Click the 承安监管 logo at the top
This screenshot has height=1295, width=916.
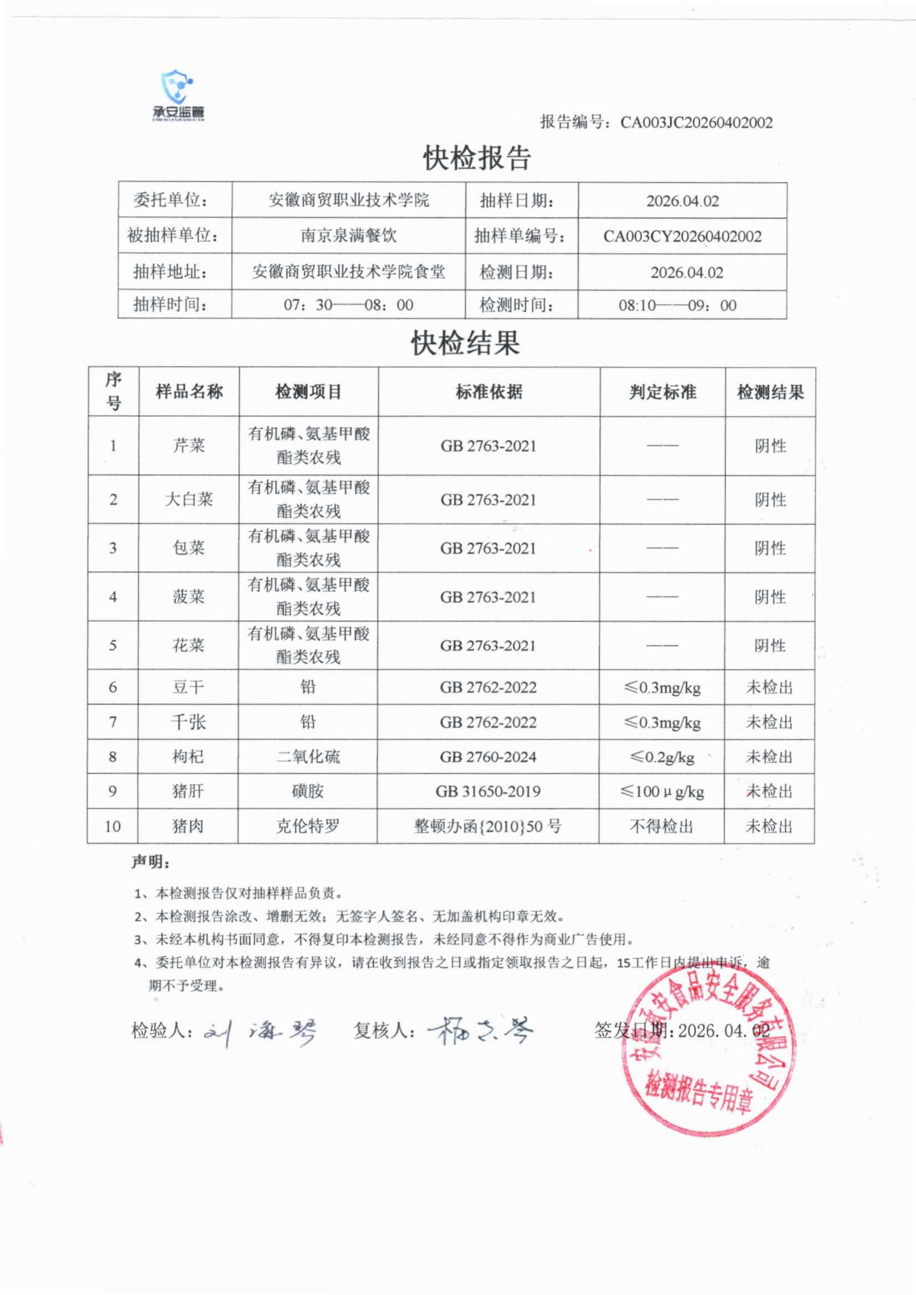(178, 96)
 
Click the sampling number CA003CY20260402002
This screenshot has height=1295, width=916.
(682, 236)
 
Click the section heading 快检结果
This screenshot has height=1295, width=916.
(465, 343)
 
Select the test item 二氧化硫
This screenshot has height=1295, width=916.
(308, 756)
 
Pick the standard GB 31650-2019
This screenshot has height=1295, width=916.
(488, 791)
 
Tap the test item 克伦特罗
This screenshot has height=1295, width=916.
(308, 826)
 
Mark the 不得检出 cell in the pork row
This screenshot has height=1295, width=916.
(661, 826)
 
